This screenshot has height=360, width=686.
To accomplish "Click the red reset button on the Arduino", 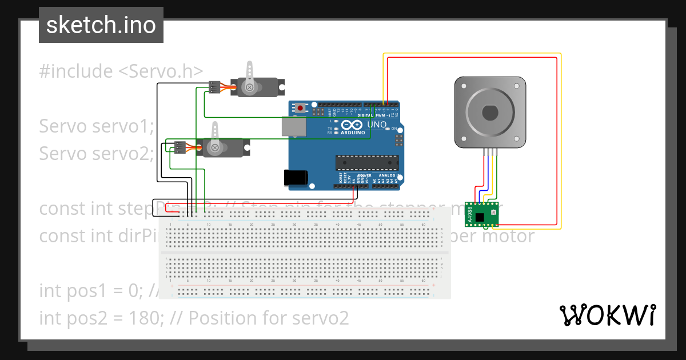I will (300, 107).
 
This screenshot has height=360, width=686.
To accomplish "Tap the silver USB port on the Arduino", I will (294, 127).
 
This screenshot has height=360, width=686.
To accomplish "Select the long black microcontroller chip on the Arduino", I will (366, 163).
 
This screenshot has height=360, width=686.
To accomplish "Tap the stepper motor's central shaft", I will (490, 112).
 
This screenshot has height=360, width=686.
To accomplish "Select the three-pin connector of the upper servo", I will (214, 87).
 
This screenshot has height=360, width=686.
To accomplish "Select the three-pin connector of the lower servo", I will (180, 147).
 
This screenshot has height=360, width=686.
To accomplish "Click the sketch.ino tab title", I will (101, 25).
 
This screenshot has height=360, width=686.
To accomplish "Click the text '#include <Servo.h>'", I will (121, 71).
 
